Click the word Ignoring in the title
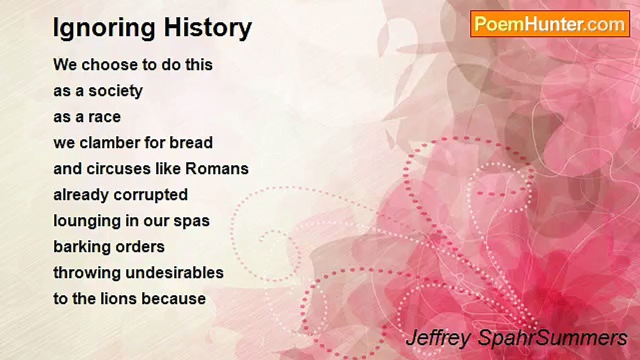tap(104, 28)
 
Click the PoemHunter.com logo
tap(550, 24)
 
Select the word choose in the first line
tap(109, 64)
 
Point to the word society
tap(115, 91)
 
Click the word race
tap(104, 117)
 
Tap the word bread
tap(191, 142)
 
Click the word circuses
tap(118, 168)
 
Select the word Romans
tap(217, 168)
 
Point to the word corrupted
tap(150, 195)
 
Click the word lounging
tap(87, 221)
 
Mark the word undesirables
tap(174, 272)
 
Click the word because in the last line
tap(173, 299)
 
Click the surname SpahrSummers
tap(552, 339)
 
